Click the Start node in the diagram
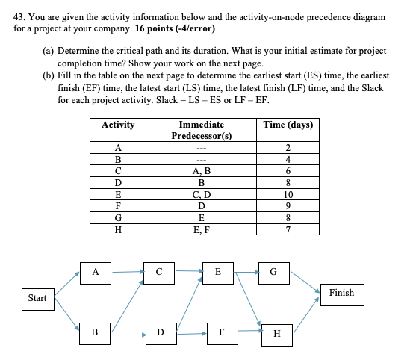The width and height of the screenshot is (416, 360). (37, 299)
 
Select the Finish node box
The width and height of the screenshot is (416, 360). (341, 293)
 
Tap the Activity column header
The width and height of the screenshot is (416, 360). (117, 125)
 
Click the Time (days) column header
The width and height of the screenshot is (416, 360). (288, 125)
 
